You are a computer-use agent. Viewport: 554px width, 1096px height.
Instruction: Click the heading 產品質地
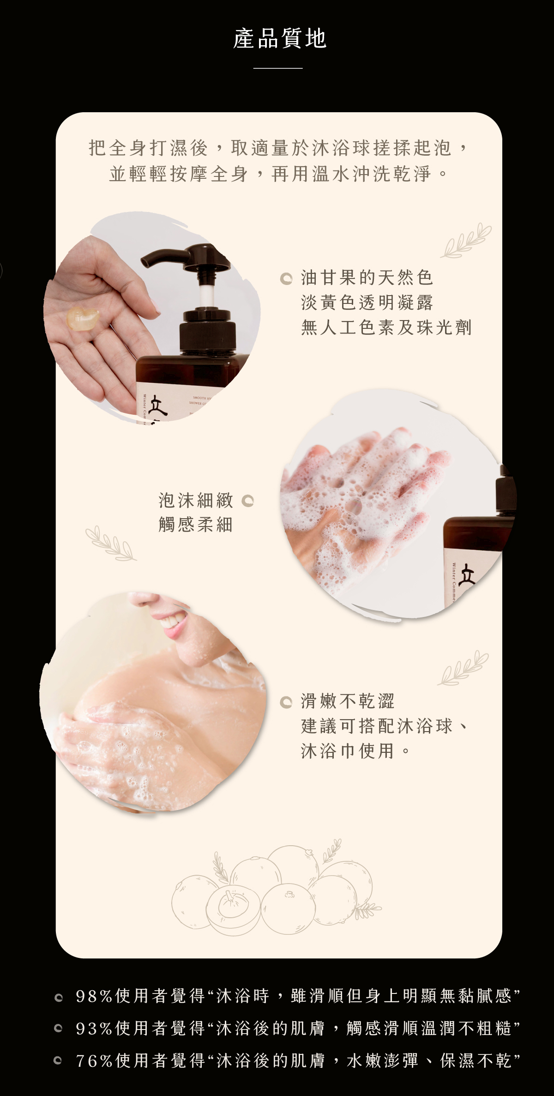280,38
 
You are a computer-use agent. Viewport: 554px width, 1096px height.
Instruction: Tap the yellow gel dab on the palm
83,318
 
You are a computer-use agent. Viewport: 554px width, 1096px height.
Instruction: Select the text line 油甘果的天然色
367,278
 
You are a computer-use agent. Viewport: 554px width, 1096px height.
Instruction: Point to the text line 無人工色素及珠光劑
386,327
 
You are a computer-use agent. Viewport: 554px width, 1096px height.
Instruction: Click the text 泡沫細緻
196,500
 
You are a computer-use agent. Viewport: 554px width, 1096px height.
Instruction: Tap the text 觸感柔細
196,525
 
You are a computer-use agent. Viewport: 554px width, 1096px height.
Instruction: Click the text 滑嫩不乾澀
348,701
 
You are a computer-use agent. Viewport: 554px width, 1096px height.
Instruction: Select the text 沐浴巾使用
348,751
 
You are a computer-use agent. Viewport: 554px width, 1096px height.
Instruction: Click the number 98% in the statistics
94,996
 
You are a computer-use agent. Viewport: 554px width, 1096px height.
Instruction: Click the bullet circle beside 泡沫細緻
248,501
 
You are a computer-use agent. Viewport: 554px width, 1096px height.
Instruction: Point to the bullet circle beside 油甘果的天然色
286,279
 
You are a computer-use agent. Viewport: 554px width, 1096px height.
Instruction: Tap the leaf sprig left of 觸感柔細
111,543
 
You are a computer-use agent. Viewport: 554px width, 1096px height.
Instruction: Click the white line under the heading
278,68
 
